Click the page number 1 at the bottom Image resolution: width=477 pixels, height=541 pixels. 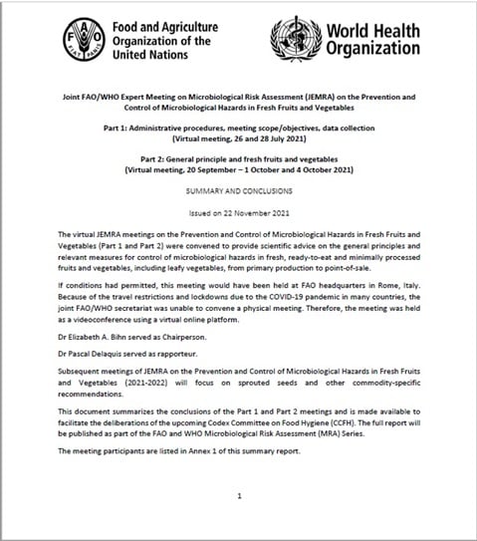(239, 495)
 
